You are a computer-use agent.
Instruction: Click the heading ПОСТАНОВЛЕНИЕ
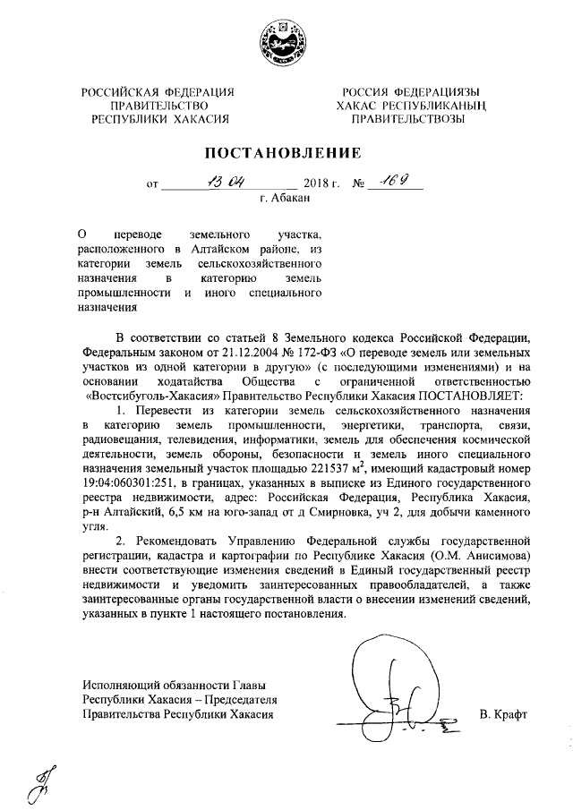(286, 152)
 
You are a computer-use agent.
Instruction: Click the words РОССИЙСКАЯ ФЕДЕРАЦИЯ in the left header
(158, 91)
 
